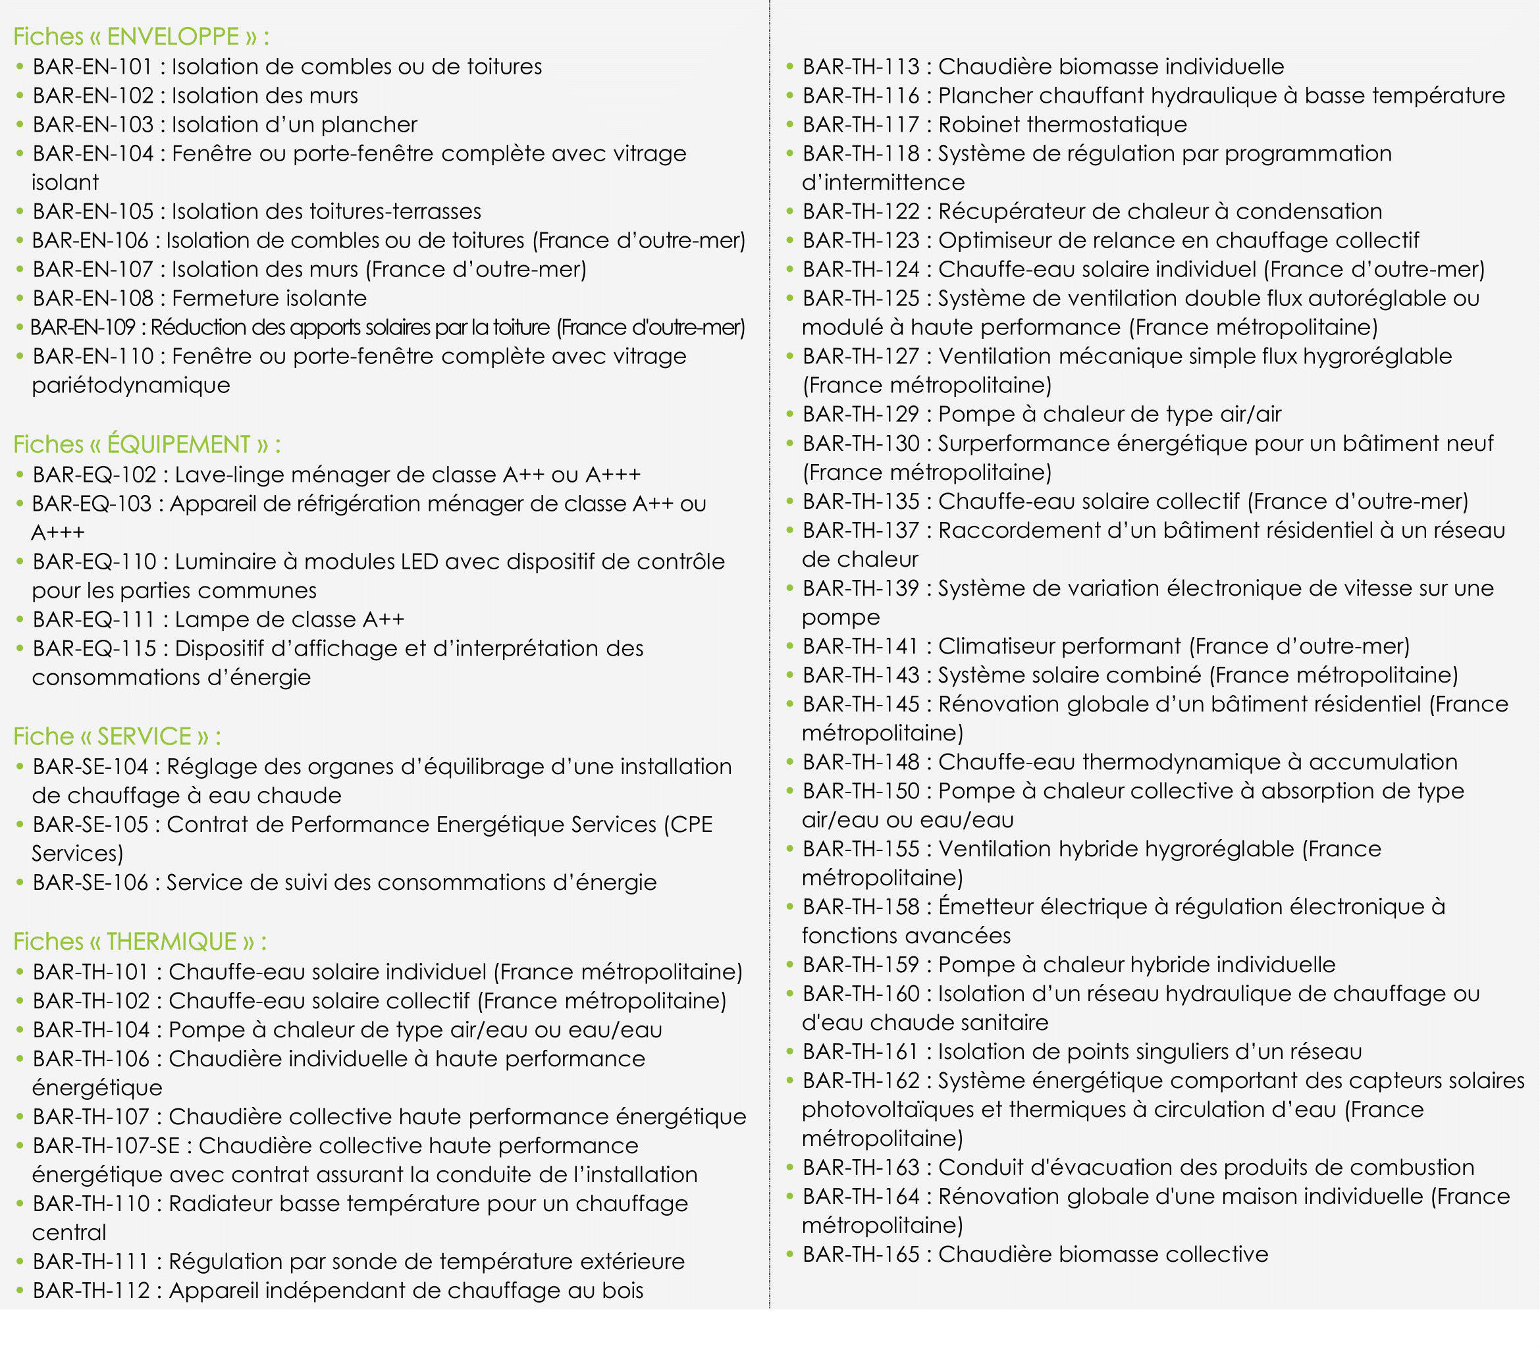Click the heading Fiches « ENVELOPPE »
pos(141,36)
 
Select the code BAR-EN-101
pos(93,66)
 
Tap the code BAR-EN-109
pos(83,327)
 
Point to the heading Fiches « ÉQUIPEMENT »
pos(147,444)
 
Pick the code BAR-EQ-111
pos(94,619)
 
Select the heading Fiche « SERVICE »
pos(117,736)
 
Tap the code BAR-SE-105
pos(90,825)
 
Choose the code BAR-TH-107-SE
pos(106,1146)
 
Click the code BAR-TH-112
pos(91,1291)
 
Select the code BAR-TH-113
pos(861,66)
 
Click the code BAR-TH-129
pos(861,415)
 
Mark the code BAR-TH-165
pos(861,1255)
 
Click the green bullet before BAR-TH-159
pos(790,964)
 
